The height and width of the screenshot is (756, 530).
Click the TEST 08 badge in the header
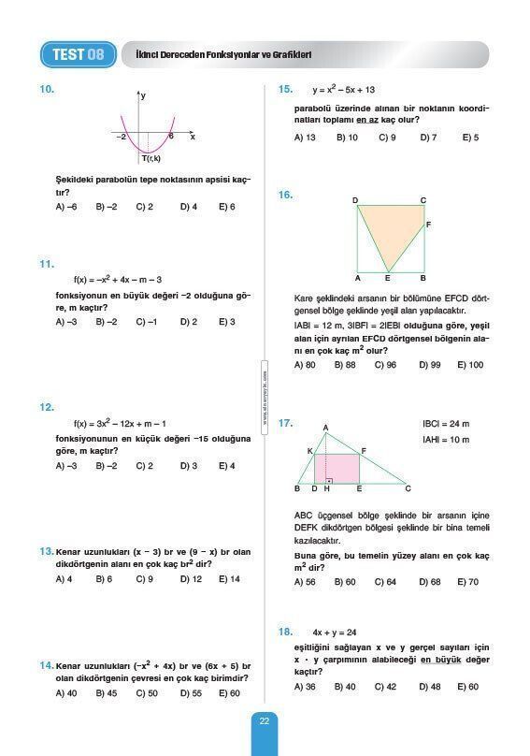79,54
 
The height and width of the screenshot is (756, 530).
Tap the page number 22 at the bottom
265,720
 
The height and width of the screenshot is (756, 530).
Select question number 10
47,90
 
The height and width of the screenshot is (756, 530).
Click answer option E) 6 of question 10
227,207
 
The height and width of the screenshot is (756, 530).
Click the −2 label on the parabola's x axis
122,137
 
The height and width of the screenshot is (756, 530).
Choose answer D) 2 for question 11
189,322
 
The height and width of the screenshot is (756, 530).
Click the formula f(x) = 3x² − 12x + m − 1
121,423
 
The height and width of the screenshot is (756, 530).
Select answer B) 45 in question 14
106,693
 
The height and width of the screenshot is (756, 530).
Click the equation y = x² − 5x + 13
343,90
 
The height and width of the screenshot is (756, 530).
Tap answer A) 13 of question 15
305,138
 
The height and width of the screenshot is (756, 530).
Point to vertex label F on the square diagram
428,225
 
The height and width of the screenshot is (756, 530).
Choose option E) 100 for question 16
470,365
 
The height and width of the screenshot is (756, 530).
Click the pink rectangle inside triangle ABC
342,468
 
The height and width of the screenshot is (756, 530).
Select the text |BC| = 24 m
446,424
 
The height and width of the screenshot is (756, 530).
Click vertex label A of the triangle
325,429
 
